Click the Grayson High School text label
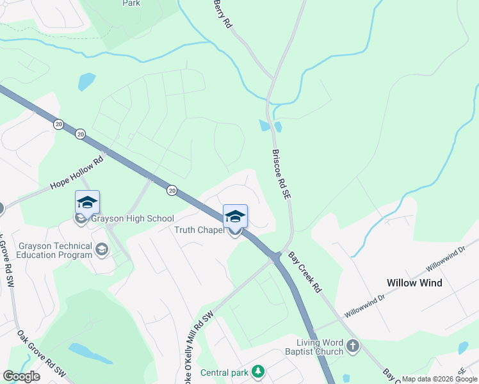point(133,219)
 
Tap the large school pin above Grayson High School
point(87,204)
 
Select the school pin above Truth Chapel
point(235,218)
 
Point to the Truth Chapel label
point(199,230)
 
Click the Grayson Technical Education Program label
point(46,250)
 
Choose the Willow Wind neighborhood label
point(414,283)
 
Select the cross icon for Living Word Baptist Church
point(352,347)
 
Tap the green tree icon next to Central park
point(257,372)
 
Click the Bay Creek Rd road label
point(304,272)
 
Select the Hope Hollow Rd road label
point(77,175)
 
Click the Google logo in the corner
point(21,376)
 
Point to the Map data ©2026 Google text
point(439,379)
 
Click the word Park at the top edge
point(131,3)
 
